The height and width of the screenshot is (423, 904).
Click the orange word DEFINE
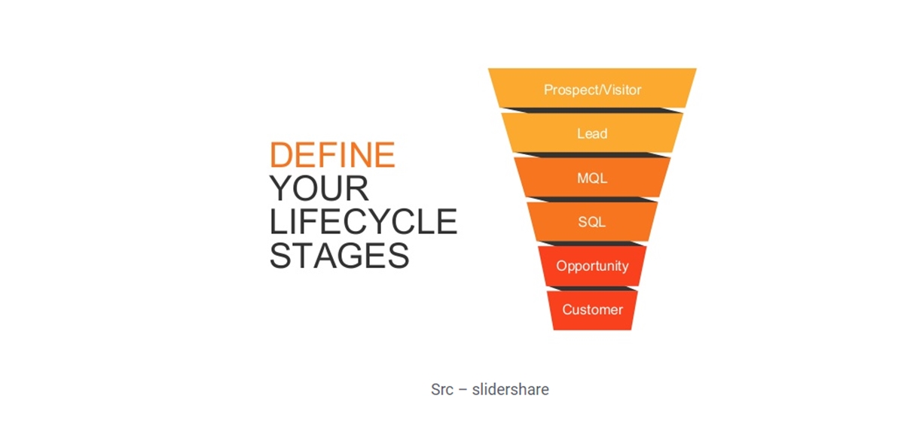click(x=332, y=154)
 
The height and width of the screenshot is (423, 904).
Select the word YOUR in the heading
click(x=319, y=188)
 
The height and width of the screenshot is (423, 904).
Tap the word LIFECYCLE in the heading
click(x=363, y=221)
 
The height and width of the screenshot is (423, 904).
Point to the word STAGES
click(x=340, y=255)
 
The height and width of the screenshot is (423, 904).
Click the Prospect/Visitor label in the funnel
click(x=592, y=90)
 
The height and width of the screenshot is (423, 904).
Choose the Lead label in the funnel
click(x=592, y=133)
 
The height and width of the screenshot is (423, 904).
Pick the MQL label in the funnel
click(x=592, y=178)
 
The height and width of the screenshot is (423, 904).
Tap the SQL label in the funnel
click(x=592, y=222)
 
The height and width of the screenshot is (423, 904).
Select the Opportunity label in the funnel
click(x=592, y=266)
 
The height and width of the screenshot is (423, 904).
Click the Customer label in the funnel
click(x=592, y=309)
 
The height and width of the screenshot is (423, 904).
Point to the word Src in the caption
click(x=442, y=390)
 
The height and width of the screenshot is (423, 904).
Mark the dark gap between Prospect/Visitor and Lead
click(x=592, y=111)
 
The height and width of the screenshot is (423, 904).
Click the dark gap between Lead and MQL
click(x=592, y=155)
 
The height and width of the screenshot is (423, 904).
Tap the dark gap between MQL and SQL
click(x=592, y=199)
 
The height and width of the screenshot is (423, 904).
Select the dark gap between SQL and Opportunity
click(x=592, y=244)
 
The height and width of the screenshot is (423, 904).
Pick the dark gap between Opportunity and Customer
click(x=592, y=288)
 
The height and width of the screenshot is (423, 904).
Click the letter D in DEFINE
click(x=281, y=154)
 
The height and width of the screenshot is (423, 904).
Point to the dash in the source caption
click(x=463, y=390)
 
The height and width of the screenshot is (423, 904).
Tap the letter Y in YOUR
click(x=280, y=188)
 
